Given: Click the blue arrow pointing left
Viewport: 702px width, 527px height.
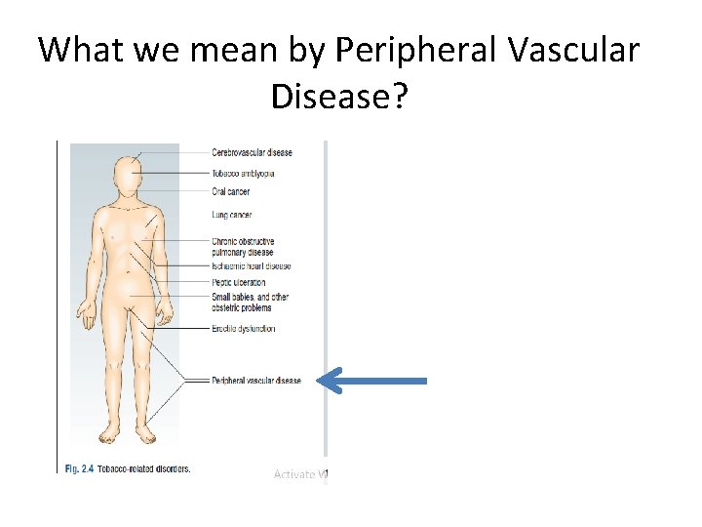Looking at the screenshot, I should pyautogui.click(x=374, y=381).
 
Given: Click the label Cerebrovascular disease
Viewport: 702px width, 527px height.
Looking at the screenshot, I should pyautogui.click(x=252, y=152).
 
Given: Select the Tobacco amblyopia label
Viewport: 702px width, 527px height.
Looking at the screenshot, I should pyautogui.click(x=243, y=173).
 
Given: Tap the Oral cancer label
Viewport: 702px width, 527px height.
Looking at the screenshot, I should pyautogui.click(x=231, y=191).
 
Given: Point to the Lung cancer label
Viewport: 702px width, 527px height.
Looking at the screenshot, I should pyautogui.click(x=231, y=214).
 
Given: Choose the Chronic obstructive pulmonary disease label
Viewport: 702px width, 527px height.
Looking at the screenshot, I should pyautogui.click(x=243, y=246).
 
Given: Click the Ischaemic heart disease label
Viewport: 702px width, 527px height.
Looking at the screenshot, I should pyautogui.click(x=251, y=265).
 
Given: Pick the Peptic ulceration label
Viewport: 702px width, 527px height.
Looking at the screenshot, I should pyautogui.click(x=238, y=283).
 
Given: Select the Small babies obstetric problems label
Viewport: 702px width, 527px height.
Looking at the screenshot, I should pyautogui.click(x=250, y=302).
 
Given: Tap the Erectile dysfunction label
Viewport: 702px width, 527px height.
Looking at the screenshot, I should pyautogui.click(x=243, y=329).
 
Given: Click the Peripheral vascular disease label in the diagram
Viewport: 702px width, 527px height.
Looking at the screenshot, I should pyautogui.click(x=256, y=381).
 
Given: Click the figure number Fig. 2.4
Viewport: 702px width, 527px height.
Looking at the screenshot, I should pyautogui.click(x=78, y=468).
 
